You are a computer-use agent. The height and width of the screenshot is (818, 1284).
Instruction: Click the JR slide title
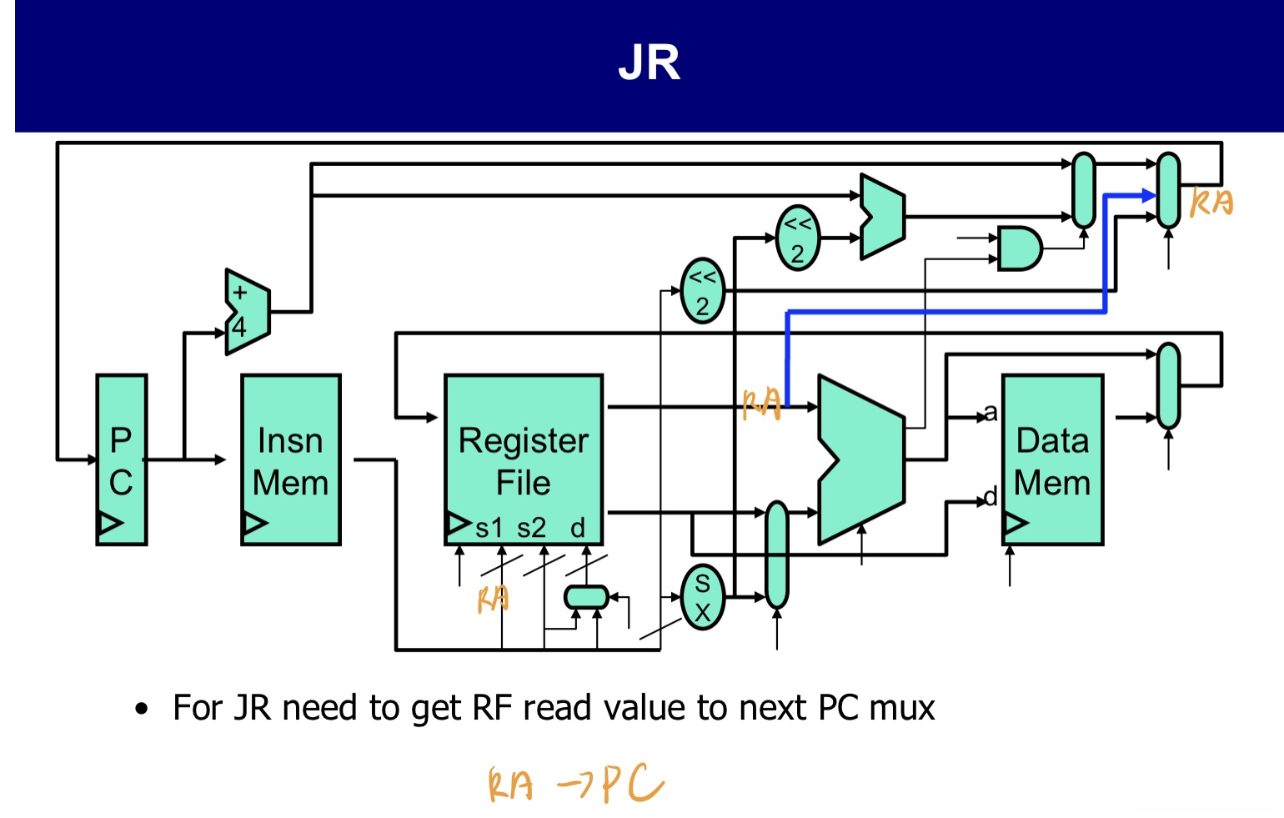[x=649, y=63]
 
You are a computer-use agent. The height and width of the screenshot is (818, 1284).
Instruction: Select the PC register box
[x=122, y=459]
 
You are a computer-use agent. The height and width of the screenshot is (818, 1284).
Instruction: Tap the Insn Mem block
[x=291, y=459]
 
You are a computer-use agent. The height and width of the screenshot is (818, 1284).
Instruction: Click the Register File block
[x=524, y=459]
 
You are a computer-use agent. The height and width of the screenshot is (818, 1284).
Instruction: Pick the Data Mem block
[x=1052, y=459]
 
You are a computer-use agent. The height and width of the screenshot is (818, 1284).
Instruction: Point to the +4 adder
[x=247, y=312]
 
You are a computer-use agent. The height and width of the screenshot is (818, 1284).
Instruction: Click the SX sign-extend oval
[x=703, y=597]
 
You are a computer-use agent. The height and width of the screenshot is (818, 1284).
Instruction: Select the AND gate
[x=1019, y=248]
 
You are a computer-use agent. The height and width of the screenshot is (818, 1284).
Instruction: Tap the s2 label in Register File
[x=531, y=528]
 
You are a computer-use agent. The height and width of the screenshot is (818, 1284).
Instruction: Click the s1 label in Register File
[x=489, y=528]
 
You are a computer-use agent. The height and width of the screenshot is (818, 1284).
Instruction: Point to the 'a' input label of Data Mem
[x=990, y=413]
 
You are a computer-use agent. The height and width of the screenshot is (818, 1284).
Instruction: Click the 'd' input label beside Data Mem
[x=990, y=498]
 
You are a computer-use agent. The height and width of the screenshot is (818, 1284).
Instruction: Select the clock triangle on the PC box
[x=109, y=524]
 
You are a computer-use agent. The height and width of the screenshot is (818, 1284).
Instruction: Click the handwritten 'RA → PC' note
[x=575, y=785]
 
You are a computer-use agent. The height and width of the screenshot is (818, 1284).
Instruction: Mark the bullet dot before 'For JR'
[x=142, y=710]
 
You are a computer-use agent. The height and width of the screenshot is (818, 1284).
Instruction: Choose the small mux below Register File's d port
[x=586, y=597]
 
